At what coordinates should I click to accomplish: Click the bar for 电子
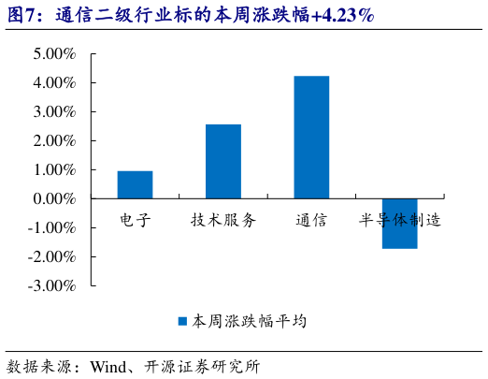[135, 184]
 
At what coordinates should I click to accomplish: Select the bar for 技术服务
[222, 161]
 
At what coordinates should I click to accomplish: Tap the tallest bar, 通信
[311, 137]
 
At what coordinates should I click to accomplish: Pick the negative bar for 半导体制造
[399, 224]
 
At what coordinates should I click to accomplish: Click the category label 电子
[135, 220]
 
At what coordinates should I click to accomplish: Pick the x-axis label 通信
[311, 220]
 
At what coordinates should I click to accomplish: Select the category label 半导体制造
[400, 220]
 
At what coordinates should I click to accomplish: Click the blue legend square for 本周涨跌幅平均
[183, 321]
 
